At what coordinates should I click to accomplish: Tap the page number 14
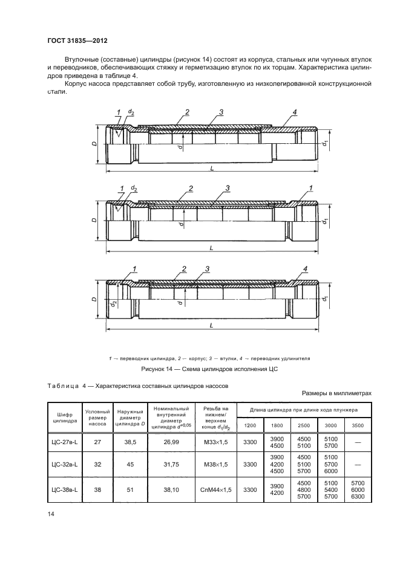tap(50, 514)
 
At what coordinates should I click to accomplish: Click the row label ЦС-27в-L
tap(64, 443)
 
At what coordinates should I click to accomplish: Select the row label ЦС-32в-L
tap(64, 465)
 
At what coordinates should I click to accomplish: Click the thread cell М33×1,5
tap(216, 443)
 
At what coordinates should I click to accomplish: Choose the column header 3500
tap(358, 425)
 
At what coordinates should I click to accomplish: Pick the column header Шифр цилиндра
tap(64, 417)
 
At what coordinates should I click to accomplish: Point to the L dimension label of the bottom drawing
tap(211, 325)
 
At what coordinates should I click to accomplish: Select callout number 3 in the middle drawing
tap(228, 189)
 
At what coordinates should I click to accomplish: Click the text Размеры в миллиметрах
tap(336, 393)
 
